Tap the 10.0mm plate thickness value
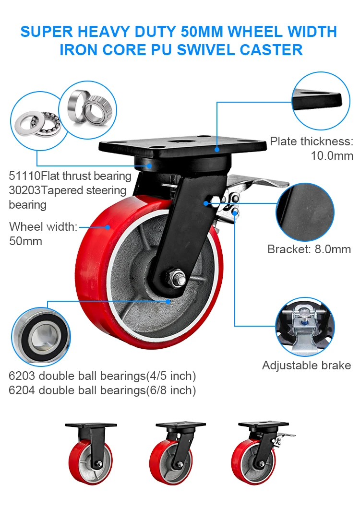(332, 155)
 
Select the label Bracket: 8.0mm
(309, 249)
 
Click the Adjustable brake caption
(306, 366)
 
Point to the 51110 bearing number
(24, 176)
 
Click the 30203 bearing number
(24, 190)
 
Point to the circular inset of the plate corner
(320, 99)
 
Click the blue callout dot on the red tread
(108, 226)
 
